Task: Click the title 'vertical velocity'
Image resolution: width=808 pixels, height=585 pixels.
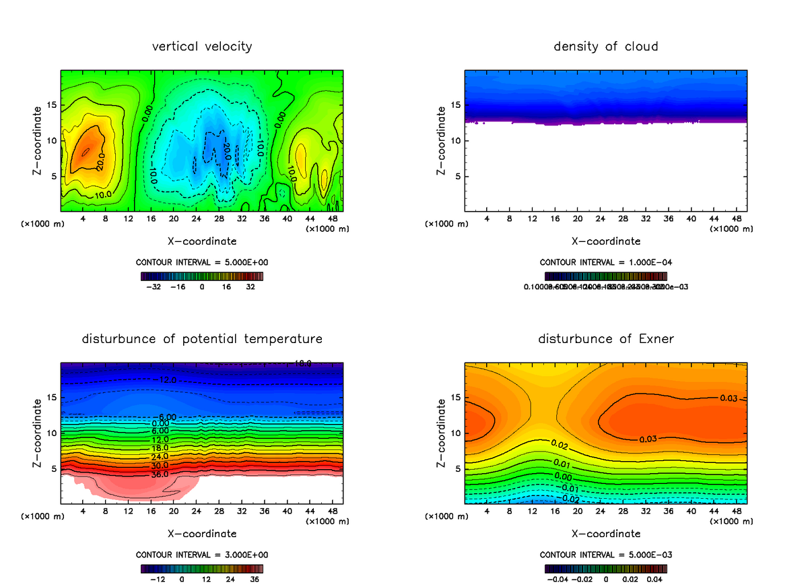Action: click(202, 47)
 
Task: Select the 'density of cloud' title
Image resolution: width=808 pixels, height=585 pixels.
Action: click(605, 47)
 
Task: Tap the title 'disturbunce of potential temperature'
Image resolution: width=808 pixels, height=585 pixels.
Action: click(202, 338)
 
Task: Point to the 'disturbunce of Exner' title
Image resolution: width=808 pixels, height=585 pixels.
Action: click(605, 338)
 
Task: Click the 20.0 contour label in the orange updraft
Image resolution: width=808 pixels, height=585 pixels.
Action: click(100, 162)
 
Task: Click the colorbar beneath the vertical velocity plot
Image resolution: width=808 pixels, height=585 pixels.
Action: click(202, 276)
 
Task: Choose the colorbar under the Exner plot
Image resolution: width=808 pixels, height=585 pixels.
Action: click(605, 568)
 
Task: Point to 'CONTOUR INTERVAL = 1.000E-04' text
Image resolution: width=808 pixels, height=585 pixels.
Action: click(607, 262)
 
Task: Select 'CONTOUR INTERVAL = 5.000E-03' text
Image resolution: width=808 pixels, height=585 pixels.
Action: click(607, 555)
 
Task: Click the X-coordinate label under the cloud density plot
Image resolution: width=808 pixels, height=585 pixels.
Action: click(605, 241)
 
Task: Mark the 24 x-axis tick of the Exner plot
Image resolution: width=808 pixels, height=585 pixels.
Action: click(601, 512)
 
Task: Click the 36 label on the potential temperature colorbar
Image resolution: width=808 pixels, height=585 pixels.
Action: click(255, 578)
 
